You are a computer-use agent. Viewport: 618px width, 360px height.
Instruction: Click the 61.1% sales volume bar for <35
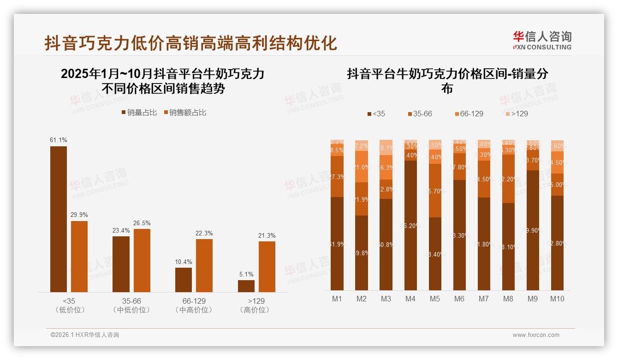[x=59, y=219]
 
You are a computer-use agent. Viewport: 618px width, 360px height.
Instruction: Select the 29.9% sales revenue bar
[x=79, y=256]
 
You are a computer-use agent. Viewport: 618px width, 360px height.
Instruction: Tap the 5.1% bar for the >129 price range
[x=246, y=286]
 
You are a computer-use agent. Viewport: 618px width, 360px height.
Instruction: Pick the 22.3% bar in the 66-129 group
[x=204, y=265]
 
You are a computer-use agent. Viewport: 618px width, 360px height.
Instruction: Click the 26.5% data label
[x=142, y=223]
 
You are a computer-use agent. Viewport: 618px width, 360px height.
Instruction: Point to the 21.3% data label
[x=267, y=235]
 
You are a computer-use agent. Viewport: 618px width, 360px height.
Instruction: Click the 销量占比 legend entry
[x=139, y=113]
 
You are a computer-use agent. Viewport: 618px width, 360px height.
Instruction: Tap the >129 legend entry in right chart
[x=516, y=114]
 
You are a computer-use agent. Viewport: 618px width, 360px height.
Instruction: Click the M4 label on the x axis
[x=410, y=299]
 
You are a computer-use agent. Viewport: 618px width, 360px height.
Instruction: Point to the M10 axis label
[x=557, y=299]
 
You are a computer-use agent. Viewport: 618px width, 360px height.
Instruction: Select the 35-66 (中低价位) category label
[x=132, y=305]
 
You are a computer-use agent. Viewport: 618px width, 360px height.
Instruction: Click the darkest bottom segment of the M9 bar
[x=533, y=230]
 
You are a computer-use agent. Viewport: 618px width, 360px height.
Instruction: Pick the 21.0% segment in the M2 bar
[x=362, y=167]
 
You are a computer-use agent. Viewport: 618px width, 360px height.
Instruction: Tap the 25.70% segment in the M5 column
[x=435, y=191]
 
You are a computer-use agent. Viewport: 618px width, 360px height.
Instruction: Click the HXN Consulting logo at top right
[x=542, y=41]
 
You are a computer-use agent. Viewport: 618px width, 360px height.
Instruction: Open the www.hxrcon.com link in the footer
[x=536, y=335]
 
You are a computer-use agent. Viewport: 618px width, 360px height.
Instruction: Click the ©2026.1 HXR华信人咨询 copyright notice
[x=85, y=335]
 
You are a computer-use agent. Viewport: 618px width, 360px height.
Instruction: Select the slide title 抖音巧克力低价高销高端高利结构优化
[x=190, y=43]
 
